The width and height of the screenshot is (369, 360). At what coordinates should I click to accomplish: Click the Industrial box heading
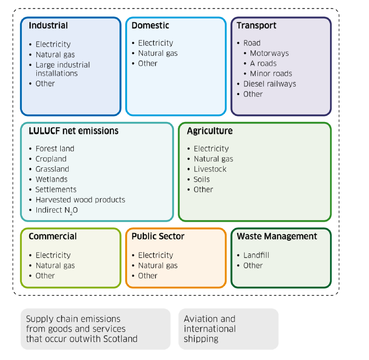pyautogui.click(x=48, y=25)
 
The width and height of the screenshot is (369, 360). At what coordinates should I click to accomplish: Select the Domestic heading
pyautogui.click(x=150, y=25)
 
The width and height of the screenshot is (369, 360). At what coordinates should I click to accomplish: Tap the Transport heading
pyautogui.click(x=256, y=25)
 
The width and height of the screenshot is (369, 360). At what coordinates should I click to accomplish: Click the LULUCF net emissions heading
pyautogui.click(x=74, y=131)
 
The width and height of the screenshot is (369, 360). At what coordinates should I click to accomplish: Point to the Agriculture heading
pyautogui.click(x=210, y=131)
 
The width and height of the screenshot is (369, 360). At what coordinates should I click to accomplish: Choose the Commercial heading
pyautogui.click(x=53, y=236)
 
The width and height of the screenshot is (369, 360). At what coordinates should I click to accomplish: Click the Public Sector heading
pyautogui.click(x=158, y=236)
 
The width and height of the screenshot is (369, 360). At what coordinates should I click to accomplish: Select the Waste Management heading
pyautogui.click(x=277, y=236)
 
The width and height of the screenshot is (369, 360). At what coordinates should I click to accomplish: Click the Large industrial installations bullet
pyautogui.click(x=62, y=69)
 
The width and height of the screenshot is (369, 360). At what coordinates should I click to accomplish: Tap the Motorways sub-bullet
pyautogui.click(x=269, y=53)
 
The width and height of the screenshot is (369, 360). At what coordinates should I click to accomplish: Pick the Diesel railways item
pyautogui.click(x=269, y=84)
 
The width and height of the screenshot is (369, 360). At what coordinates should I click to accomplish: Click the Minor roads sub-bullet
pyautogui.click(x=271, y=74)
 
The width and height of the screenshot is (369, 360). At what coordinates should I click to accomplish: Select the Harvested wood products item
pyautogui.click(x=80, y=200)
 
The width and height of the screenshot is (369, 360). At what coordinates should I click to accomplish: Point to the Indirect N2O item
pyautogui.click(x=56, y=210)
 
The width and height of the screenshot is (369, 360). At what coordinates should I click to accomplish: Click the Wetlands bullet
pyautogui.click(x=51, y=179)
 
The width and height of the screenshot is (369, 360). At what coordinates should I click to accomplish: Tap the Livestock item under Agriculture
pyautogui.click(x=210, y=169)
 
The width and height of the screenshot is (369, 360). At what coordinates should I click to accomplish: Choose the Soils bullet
pyautogui.click(x=202, y=179)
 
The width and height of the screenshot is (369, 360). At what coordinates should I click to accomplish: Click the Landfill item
pyautogui.click(x=256, y=255)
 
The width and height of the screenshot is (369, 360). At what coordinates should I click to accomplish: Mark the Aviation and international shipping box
pyautogui.click(x=228, y=329)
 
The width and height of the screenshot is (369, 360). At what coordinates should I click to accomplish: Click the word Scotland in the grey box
pyautogui.click(x=121, y=339)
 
